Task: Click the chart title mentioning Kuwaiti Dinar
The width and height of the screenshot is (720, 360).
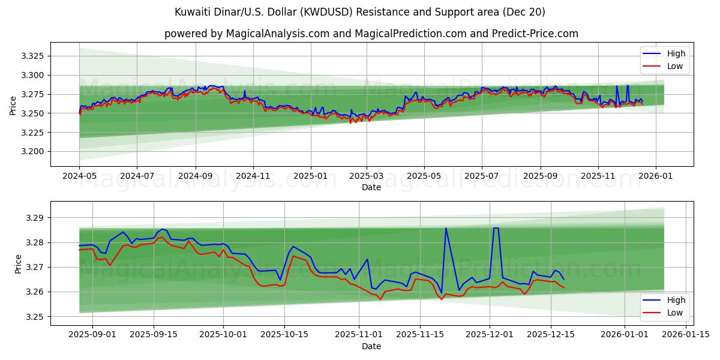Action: [x=359, y=12]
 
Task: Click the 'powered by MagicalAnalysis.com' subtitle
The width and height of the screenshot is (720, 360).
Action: [x=371, y=34]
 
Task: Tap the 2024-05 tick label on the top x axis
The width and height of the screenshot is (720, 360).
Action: [x=79, y=177]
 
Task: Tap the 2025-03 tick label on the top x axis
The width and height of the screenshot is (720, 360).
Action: [x=367, y=177]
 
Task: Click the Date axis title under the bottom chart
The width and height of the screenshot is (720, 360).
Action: [x=371, y=346]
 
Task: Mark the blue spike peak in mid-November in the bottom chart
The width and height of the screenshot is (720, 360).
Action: [x=446, y=228]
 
